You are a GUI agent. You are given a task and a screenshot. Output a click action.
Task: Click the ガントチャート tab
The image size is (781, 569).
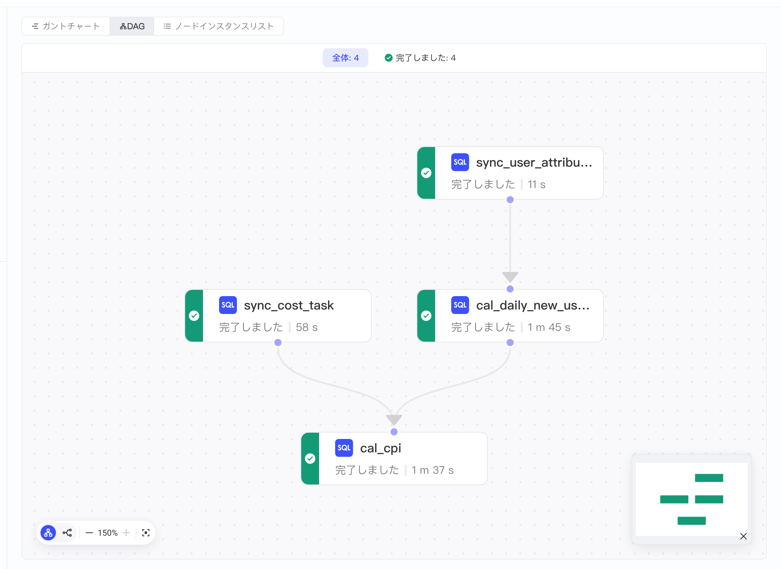tap(66, 26)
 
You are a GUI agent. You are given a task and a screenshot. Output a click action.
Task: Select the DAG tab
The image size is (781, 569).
tap(132, 26)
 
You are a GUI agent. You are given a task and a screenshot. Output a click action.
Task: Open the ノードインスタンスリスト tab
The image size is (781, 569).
tap(219, 26)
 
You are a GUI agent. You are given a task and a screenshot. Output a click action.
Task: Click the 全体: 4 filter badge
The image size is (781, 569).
tap(345, 57)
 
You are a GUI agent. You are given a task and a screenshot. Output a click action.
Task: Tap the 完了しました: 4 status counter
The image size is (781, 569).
tap(420, 57)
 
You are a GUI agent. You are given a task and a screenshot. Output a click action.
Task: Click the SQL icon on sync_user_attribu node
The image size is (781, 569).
tap(460, 162)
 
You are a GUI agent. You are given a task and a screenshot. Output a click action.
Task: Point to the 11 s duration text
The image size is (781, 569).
tap(536, 185)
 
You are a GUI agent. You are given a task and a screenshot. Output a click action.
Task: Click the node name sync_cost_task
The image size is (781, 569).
tap(289, 305)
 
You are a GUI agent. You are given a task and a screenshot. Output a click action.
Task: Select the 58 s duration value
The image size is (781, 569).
tap(307, 327)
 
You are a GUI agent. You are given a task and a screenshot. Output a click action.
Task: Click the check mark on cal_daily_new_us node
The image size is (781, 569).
tap(426, 315)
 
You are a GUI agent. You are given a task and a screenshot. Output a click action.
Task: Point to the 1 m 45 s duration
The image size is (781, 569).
tap(549, 327)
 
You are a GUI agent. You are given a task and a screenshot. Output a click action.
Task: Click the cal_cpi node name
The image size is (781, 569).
tap(381, 448)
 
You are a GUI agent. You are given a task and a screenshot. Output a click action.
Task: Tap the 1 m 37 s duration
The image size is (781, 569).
tap(433, 470)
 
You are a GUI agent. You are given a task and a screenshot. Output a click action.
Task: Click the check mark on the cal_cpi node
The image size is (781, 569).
tap(310, 458)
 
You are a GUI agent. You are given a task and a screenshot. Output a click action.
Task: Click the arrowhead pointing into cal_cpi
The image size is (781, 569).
tap(394, 420)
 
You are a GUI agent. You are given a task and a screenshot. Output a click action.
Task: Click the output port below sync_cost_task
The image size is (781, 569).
tap(278, 342)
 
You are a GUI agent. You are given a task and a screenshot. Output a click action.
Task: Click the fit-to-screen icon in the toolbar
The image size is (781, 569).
tap(146, 533)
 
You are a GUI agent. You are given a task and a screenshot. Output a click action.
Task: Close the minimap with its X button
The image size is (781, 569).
tap(743, 536)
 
